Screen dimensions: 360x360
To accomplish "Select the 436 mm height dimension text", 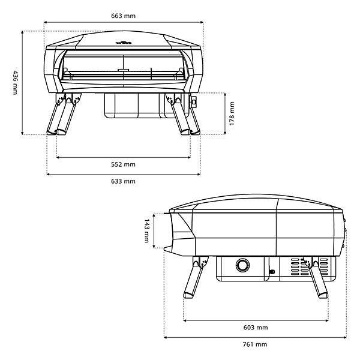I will tap(14, 82).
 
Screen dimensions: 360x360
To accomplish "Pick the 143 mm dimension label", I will tap(146, 230).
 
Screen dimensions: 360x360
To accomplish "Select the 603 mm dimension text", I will tap(256, 328).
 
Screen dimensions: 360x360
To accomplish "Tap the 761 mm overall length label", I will tap(256, 344).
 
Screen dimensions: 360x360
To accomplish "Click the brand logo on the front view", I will tap(124, 42).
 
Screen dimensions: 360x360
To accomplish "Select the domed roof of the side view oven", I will tap(258, 203).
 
